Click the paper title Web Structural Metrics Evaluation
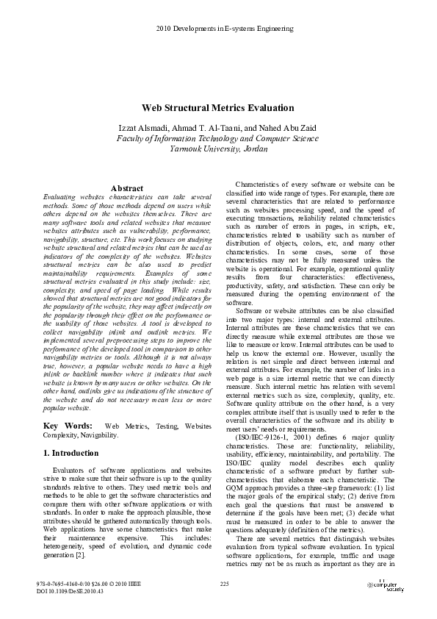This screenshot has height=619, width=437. (217, 108)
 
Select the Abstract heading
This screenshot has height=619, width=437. (126, 189)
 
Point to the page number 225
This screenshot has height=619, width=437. (225, 584)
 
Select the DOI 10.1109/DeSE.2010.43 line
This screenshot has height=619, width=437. (70, 591)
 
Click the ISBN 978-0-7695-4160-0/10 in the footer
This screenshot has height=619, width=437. (61, 584)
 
